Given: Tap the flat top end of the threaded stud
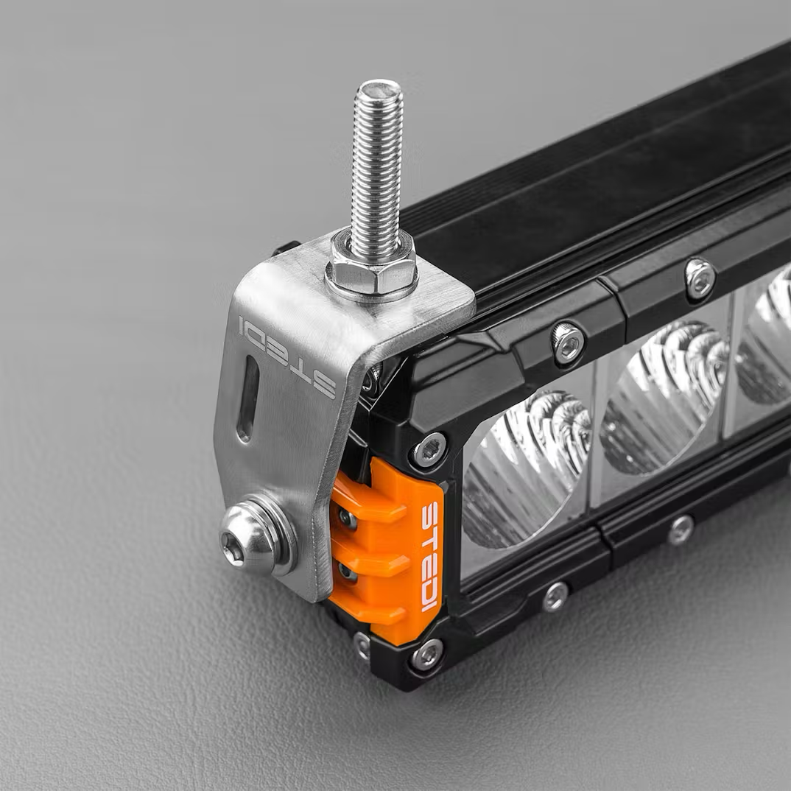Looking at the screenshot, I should pos(379,91).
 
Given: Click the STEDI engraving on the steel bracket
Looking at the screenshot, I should pos(287,356).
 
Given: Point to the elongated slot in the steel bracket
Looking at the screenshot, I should pos(248,398).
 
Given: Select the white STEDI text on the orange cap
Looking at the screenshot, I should pos(429,556).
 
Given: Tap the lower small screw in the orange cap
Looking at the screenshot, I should pos(347,572).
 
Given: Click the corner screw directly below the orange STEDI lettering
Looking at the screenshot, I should pos(427,653).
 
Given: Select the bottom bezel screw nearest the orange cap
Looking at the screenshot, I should pos(556,595).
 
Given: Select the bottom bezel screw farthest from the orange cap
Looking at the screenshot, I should pos(681,529).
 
